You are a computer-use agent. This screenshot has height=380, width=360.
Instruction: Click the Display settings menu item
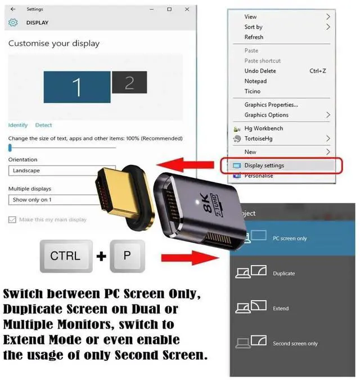pyautogui.click(x=264, y=166)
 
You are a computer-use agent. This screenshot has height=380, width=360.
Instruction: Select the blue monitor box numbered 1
pyautogui.click(x=76, y=86)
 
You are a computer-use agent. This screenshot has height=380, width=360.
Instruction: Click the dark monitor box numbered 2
pyautogui.click(x=129, y=83)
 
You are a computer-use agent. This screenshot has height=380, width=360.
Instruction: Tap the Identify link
pyautogui.click(x=18, y=125)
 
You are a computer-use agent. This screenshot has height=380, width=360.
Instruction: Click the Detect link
pyautogui.click(x=43, y=125)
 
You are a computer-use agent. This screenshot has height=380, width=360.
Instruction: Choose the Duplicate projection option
pyautogui.click(x=284, y=274)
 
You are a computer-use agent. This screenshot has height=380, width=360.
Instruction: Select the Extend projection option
pyautogui.click(x=281, y=309)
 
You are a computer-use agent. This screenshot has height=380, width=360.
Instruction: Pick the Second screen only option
pyautogui.click(x=295, y=343)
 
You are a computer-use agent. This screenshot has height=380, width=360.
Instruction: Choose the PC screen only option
pyautogui.click(x=290, y=239)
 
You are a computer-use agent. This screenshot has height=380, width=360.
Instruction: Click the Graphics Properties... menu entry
pyautogui.click(x=271, y=105)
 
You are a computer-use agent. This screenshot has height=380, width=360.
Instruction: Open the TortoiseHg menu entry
pyautogui.click(x=260, y=138)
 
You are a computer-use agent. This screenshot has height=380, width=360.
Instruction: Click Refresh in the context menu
pyautogui.click(x=254, y=37)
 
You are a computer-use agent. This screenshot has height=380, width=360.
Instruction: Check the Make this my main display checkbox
pyautogui.click(x=12, y=220)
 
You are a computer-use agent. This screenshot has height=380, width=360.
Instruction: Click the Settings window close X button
pyautogui.click(x=185, y=10)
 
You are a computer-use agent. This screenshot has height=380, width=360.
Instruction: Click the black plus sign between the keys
pyautogui.click(x=101, y=257)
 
